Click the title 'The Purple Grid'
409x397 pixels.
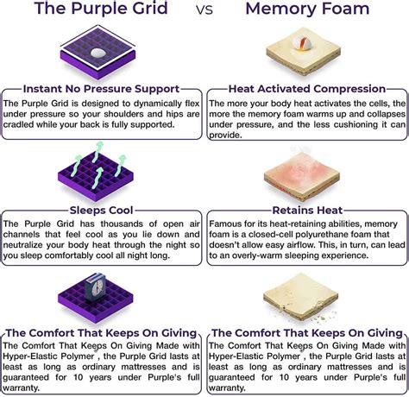pos(101,9)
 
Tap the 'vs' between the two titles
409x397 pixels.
pos(204,9)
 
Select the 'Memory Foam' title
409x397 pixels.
pos(307,9)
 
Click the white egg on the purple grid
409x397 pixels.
pos(98,53)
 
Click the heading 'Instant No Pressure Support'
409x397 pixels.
pos(101,89)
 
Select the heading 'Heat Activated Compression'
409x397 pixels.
pos(307,89)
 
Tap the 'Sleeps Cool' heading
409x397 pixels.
pos(101,211)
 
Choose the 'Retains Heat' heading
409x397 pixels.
pos(307,211)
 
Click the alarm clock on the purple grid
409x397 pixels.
pos(95,287)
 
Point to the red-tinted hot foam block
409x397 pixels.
pos(302,176)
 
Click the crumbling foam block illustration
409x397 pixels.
pos(301,296)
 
